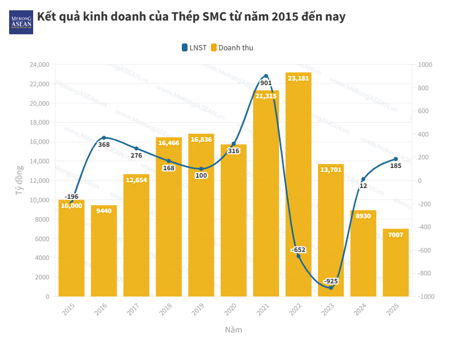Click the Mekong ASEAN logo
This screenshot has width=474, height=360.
pyautogui.click(x=21, y=22)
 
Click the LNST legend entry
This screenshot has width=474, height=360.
pyautogui.click(x=194, y=47)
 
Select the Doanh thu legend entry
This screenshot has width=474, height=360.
pyautogui.click(x=232, y=47)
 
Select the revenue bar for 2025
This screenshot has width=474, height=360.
pyautogui.click(x=396, y=263)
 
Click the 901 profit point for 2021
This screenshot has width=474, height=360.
pyautogui.click(x=266, y=76)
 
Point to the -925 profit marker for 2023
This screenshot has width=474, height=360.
pyautogui.click(x=330, y=287)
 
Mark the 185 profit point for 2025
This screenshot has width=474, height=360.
pyautogui.click(x=396, y=159)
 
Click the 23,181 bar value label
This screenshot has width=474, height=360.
pyautogui.click(x=298, y=78)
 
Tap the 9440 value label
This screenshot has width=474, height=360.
pyautogui.click(x=103, y=211)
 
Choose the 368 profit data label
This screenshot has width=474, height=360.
pyautogui.click(x=103, y=145)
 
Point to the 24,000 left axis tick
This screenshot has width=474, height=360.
pyautogui.click(x=39, y=65)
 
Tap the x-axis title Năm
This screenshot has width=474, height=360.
pyautogui.click(x=233, y=330)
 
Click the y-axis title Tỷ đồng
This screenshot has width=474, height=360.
pyautogui.click(x=19, y=181)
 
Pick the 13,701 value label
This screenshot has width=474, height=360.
pyautogui.click(x=330, y=170)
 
